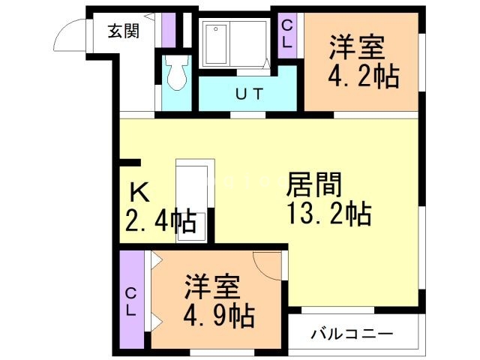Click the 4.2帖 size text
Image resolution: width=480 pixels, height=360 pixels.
[x=362, y=75]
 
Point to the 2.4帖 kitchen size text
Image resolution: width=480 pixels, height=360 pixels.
[x=160, y=221]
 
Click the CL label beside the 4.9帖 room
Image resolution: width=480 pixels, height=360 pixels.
[x=130, y=301]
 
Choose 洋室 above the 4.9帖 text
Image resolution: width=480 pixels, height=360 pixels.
[x=212, y=286]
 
